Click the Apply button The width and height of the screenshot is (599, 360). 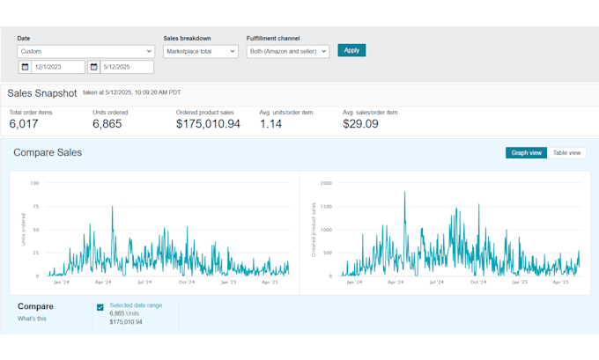click(x=351, y=50)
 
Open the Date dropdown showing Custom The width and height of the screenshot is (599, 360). click(x=85, y=52)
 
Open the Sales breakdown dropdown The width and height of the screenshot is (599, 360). click(x=201, y=52)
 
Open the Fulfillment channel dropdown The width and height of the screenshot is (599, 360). click(x=287, y=52)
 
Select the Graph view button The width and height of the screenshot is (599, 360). click(x=526, y=152)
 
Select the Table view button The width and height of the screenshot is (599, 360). click(x=566, y=152)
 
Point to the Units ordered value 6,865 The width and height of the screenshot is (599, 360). click(x=107, y=124)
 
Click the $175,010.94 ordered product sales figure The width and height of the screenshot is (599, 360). click(x=208, y=124)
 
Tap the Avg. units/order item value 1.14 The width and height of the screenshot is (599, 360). click(x=272, y=124)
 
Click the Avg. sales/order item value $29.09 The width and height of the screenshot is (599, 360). click(x=360, y=124)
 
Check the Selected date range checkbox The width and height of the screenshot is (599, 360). click(x=100, y=307)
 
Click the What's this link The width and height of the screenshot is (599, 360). click(x=32, y=319)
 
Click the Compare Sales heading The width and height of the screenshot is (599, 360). click(x=48, y=152)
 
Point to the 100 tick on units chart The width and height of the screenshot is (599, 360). click(x=35, y=183)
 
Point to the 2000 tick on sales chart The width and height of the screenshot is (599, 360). click(x=325, y=183)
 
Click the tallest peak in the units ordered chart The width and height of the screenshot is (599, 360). click(x=112, y=207)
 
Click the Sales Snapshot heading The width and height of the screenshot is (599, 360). click(x=42, y=92)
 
